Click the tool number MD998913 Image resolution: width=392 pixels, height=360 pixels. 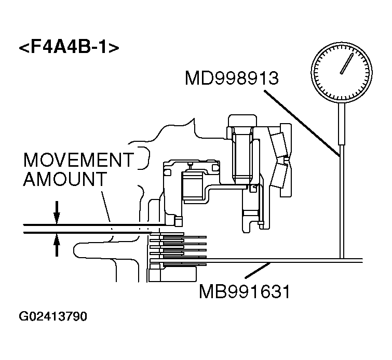pos(232,79)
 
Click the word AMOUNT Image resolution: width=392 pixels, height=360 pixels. pos(64,179)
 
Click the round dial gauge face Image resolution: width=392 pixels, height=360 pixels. pos(341,71)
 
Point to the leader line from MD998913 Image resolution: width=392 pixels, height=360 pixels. pos(301,122)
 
